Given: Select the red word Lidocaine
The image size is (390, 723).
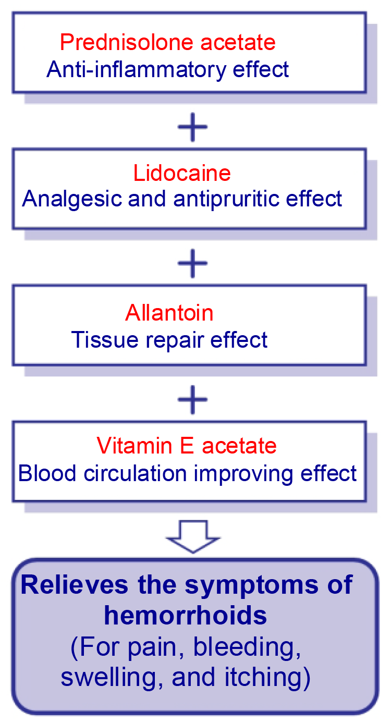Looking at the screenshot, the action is click(x=182, y=173).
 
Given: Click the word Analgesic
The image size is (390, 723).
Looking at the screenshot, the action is click(x=72, y=199).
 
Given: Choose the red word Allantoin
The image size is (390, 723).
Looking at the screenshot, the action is click(x=169, y=313).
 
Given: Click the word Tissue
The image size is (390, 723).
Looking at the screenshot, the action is click(x=105, y=339).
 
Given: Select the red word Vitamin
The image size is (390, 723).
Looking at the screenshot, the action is click(x=135, y=446).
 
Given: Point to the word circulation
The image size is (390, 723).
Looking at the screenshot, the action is click(x=135, y=473).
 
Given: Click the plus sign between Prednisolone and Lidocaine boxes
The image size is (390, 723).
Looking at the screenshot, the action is click(x=193, y=127).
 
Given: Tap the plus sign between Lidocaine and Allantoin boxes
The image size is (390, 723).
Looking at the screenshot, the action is click(x=193, y=263).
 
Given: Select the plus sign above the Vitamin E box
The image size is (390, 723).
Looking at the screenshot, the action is click(x=193, y=400).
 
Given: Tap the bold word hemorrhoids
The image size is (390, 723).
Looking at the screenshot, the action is click(x=185, y=615).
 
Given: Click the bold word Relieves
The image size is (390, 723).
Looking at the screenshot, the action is click(x=75, y=584).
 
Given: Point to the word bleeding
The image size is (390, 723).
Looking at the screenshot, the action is click(x=247, y=647).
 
